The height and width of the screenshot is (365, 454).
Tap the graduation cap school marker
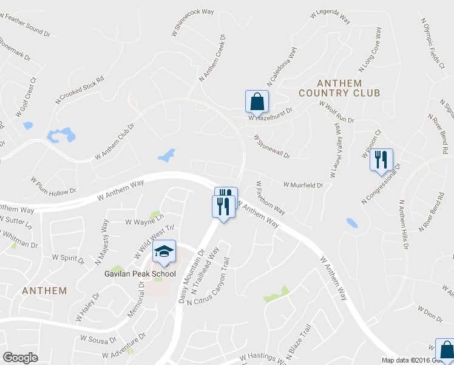pos(163,252)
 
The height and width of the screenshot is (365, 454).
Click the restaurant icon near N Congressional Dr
pos(381,160)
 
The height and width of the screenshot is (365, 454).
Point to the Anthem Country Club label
pos(339,88)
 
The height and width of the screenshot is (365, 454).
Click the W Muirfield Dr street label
pos(302,185)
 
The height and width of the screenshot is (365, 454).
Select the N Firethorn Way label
pos(270,197)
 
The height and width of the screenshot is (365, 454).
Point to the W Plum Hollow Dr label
pos(53,186)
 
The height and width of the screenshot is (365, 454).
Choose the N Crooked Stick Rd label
pos(80,89)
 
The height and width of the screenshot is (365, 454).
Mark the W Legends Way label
pos(331,16)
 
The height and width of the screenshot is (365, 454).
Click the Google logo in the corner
pos(21,358)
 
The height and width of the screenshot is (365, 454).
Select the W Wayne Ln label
pos(144,219)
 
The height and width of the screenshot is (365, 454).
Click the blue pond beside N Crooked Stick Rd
pos(62,134)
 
